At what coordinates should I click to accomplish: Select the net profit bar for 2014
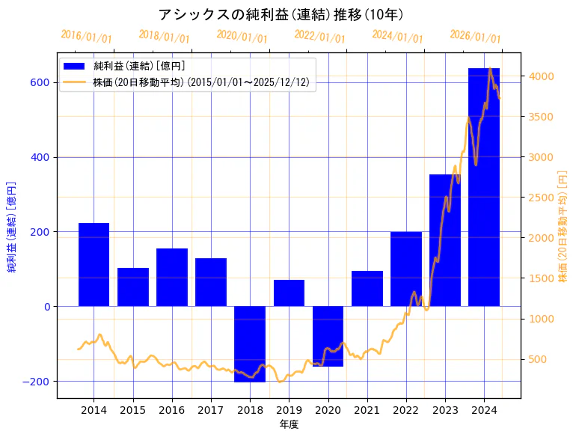(94, 264)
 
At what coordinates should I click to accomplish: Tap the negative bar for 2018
(250, 344)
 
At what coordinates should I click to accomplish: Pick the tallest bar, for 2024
(484, 187)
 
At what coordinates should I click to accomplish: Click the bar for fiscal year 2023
(445, 239)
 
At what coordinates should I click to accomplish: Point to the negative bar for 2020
(328, 337)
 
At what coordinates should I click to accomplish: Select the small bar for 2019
(289, 293)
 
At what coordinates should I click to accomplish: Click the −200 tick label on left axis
(36, 381)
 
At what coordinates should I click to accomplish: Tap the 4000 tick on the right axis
(541, 76)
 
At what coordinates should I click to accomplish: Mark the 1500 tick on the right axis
(541, 278)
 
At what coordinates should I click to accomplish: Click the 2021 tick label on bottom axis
(367, 410)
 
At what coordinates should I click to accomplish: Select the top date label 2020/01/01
(242, 36)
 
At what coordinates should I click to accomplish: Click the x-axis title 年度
(289, 424)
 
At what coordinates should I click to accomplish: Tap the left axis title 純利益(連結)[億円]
(12, 227)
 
